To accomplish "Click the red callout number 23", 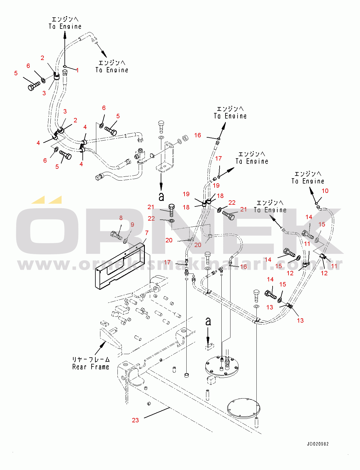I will tap(135, 420).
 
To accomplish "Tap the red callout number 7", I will tap(147, 233).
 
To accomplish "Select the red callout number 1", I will tap(77, 70).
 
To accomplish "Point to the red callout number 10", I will tap(325, 191).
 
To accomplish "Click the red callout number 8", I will tap(121, 218).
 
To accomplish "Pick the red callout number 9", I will tap(132, 225).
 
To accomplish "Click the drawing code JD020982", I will tap(318, 444).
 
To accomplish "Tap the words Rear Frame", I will tap(91, 367).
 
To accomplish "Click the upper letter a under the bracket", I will tap(161, 196).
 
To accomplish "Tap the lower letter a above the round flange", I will tap(208, 321).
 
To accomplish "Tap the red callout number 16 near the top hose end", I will tap(198, 135).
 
